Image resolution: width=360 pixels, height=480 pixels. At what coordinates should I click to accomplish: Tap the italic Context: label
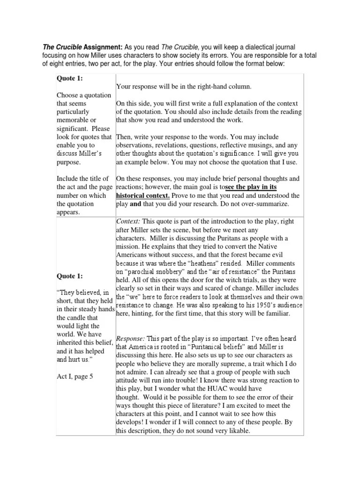coord(128,221)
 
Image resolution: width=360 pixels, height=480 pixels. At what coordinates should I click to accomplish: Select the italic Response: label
coord(132,338)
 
